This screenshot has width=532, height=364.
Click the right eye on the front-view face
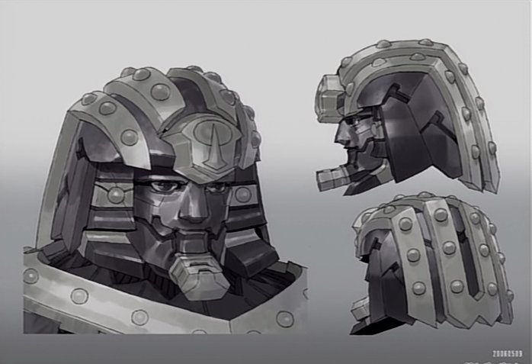213,187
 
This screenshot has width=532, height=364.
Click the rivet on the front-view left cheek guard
116,195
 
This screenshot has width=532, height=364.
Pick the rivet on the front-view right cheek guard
243,195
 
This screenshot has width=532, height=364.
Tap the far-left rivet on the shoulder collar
30,275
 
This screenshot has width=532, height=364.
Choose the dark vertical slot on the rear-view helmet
466,252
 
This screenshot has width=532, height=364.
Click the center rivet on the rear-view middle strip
450,248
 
